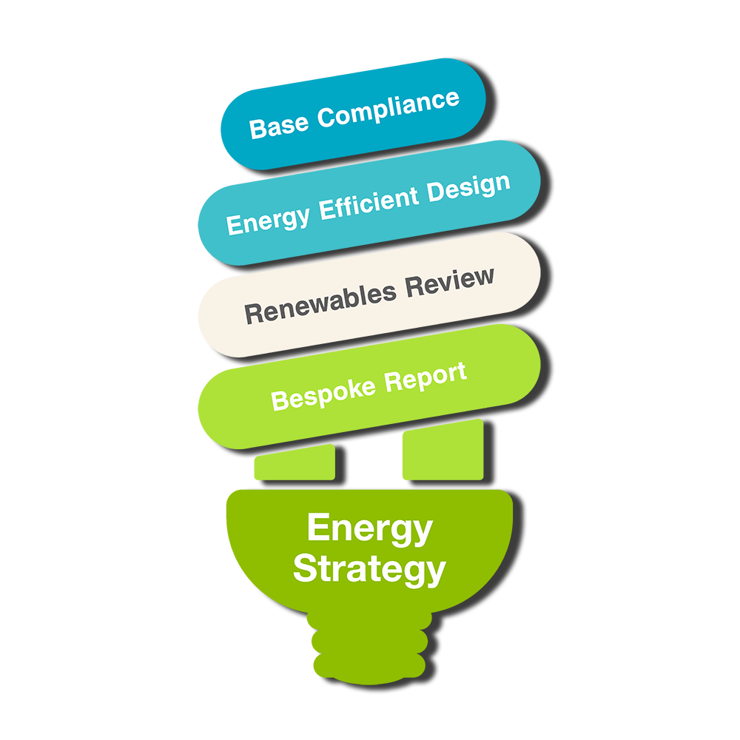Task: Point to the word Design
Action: (x=469, y=188)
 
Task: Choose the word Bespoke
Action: (x=323, y=394)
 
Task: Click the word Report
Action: (x=425, y=377)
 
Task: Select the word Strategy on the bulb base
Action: (x=369, y=570)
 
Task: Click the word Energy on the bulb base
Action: (x=370, y=529)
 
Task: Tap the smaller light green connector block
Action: (x=295, y=462)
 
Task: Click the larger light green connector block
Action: (x=443, y=450)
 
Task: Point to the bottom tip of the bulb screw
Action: (x=369, y=684)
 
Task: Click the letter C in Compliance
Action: (x=326, y=117)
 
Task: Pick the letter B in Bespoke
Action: (x=280, y=400)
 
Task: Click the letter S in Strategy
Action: (x=305, y=568)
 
